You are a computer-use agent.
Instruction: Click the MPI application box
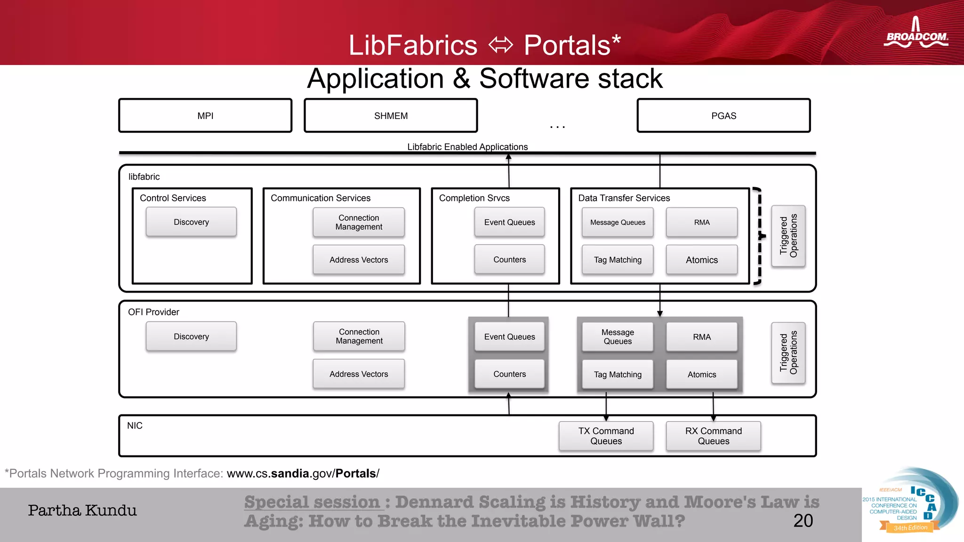coord(205,116)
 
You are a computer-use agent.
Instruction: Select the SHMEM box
coord(391,116)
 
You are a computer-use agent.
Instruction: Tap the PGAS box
coord(723,116)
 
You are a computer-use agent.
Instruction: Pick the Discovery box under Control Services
coord(191,222)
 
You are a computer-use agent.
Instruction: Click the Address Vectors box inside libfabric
coord(359,260)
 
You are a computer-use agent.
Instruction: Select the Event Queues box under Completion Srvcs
coord(509,222)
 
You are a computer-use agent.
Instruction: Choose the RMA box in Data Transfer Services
coord(701,222)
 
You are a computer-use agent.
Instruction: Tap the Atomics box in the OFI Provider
coord(701,375)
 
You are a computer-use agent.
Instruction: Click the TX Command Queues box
coord(606,436)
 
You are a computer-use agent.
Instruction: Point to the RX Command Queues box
coord(713,436)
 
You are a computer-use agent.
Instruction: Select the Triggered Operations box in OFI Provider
coord(788,352)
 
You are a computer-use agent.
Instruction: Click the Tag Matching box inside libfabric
coord(618,260)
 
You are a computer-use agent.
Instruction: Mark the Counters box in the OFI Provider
coord(509,374)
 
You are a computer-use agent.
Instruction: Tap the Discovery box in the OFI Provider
coord(191,336)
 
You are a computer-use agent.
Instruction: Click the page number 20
coord(803,521)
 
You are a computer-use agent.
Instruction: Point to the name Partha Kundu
coord(82,510)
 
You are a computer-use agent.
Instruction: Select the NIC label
coord(135,426)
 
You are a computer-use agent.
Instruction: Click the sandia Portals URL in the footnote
coord(303,473)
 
